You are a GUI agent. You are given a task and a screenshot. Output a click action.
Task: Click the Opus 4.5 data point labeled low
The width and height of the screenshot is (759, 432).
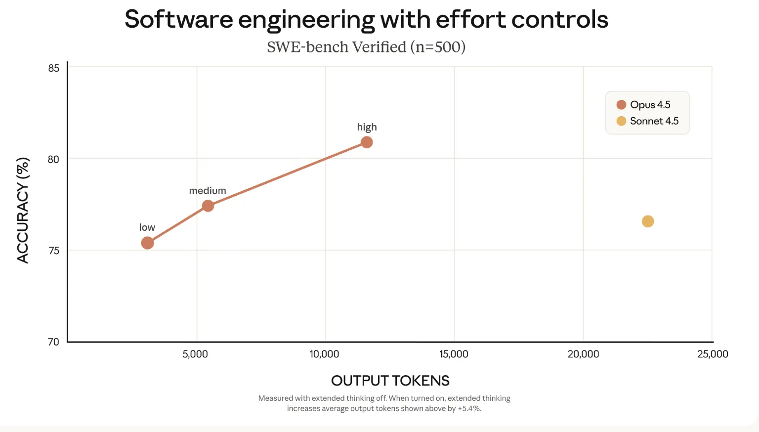[147, 243]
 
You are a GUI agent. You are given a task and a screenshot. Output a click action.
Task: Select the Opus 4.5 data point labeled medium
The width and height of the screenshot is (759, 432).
[208, 206]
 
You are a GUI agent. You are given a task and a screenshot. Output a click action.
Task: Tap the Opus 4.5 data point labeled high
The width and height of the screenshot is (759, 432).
[367, 142]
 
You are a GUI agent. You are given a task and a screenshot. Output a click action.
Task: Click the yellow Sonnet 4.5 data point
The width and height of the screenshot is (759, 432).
[648, 221]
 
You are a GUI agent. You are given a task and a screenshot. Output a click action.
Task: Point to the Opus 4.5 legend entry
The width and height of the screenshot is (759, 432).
[644, 105]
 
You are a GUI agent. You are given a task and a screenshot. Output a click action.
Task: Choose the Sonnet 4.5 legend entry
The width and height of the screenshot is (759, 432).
[648, 121]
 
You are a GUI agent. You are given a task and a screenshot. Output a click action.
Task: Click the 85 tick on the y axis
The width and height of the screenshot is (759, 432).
[53, 68]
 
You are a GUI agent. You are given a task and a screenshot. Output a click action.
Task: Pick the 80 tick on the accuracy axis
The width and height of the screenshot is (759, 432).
[53, 159]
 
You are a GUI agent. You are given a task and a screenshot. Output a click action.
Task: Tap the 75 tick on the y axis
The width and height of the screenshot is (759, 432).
[53, 251]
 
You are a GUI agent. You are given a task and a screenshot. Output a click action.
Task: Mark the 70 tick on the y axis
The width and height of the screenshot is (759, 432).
[53, 342]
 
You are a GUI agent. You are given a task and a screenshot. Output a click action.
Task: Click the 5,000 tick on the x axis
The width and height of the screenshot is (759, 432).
[195, 354]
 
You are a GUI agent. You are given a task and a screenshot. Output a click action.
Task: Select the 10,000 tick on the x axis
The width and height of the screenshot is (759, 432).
[324, 354]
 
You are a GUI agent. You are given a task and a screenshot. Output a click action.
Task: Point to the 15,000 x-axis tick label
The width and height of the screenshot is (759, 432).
[454, 354]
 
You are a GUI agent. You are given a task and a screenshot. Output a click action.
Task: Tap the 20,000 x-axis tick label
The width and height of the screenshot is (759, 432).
[583, 354]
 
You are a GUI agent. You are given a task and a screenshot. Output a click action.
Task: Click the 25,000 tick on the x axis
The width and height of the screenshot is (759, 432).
[713, 354]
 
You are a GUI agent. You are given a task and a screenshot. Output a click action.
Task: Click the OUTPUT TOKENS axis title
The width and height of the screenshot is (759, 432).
[390, 381]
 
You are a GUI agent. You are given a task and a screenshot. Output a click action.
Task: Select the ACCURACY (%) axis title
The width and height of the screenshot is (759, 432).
[23, 210]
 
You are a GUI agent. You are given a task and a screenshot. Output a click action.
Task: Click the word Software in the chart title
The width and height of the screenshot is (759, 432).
[178, 20]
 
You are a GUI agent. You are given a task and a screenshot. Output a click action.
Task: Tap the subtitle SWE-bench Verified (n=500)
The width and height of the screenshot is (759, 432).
[366, 47]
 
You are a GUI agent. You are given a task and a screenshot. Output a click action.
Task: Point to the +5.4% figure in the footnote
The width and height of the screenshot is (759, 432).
[469, 409]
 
